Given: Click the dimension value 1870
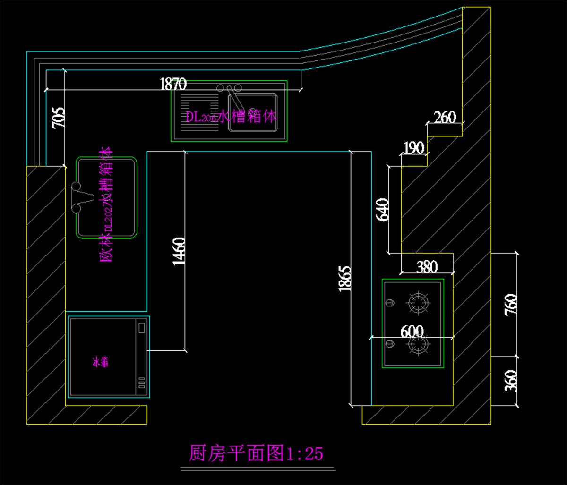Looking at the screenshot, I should pos(173,85).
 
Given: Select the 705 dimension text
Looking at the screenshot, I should pos(58,118).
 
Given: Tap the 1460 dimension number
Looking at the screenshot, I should pos(179,251).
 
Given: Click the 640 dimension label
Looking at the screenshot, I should pos(383,210).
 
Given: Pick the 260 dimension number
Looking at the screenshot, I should pos(445,117).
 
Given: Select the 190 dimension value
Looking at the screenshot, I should pos(414,149).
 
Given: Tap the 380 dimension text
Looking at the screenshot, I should pos(427,267).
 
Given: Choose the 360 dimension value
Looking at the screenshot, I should pos(511,381).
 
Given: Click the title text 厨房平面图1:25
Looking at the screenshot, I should pos(256,454).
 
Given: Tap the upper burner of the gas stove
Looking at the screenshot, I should pos(419,303).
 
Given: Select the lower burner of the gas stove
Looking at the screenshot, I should pos(419,345).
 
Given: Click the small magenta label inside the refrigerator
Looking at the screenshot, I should pos(101,363).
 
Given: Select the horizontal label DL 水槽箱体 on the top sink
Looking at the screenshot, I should pos(231,117).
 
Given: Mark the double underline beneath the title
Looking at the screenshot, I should pos(258,469).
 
